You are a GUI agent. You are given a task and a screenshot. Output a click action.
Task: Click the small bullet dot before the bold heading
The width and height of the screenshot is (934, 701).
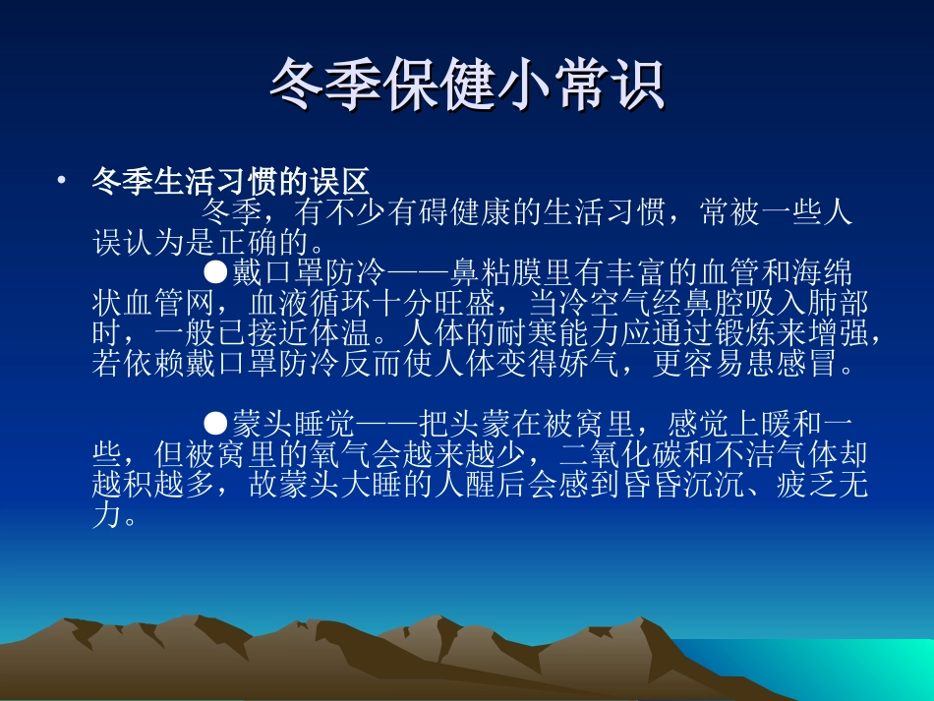62,181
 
